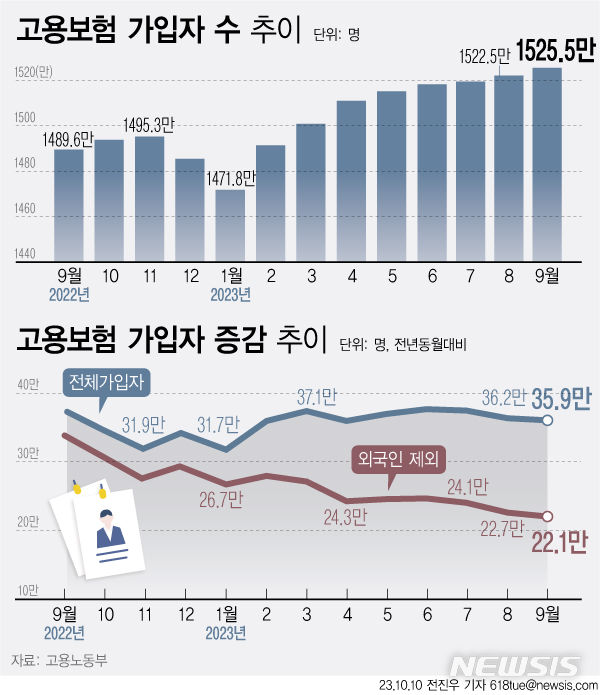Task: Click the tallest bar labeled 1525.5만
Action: (x=547, y=160)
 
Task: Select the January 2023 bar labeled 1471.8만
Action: (x=229, y=222)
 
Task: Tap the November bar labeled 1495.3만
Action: (x=149, y=195)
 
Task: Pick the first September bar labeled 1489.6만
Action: (x=68, y=201)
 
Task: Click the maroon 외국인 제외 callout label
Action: (x=398, y=459)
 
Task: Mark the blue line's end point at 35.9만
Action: (x=548, y=421)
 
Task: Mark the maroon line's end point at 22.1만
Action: (x=548, y=516)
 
